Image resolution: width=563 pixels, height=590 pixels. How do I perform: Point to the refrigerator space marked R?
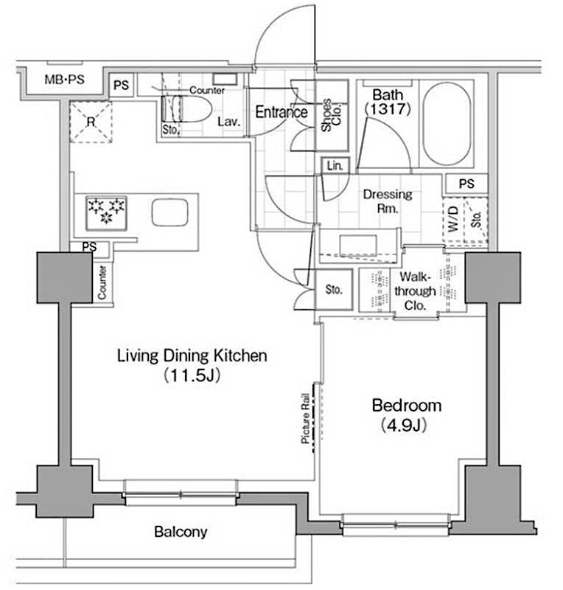tap(90, 121)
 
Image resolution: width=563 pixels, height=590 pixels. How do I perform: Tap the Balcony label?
tap(181, 531)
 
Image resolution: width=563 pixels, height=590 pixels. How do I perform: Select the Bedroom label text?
tap(406, 405)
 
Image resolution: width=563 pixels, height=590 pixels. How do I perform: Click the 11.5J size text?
tap(192, 375)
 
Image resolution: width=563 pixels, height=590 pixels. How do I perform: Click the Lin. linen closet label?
tap(334, 167)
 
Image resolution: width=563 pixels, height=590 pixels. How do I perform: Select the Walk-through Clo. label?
tap(417, 291)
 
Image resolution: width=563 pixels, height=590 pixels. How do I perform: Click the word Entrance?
tap(281, 112)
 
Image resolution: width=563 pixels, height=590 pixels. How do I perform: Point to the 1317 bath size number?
tap(386, 108)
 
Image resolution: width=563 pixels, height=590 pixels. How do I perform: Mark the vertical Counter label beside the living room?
tap(102, 281)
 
